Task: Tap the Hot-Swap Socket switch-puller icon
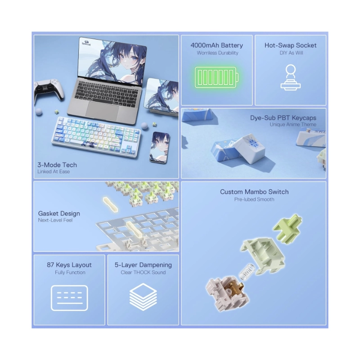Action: (291, 77)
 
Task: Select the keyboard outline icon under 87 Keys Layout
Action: (70, 298)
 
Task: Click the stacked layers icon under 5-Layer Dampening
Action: (143, 297)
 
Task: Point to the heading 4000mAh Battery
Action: (217, 45)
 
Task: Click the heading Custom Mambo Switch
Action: (254, 192)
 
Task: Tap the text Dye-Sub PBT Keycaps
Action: (283, 118)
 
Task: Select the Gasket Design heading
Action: (59, 213)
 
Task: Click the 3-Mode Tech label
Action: (57, 165)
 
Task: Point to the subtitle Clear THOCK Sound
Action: (143, 272)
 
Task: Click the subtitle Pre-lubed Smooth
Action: (254, 199)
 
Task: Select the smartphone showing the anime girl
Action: (159, 147)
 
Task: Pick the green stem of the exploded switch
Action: (287, 227)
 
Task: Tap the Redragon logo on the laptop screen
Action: (86, 43)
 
